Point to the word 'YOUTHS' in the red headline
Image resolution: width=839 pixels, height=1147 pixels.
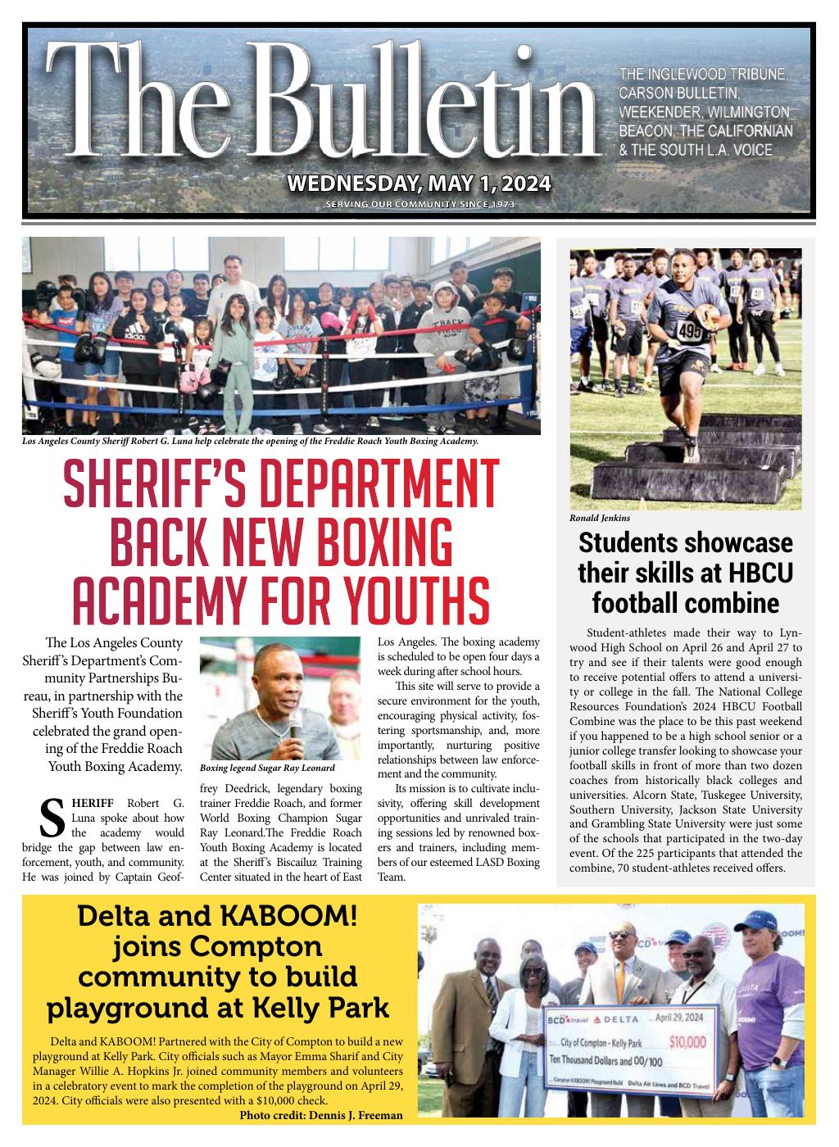[397, 601]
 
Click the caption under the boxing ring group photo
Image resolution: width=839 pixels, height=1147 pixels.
[250, 441]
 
